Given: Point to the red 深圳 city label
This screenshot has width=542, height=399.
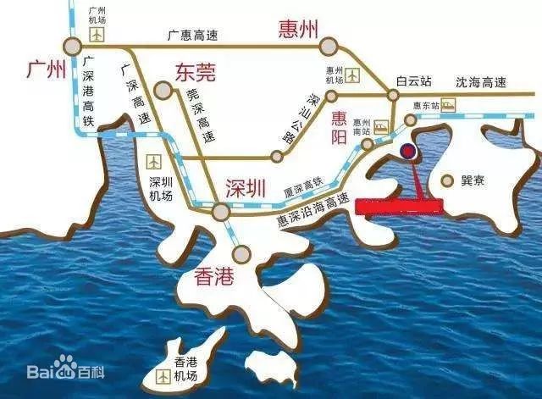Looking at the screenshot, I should (247, 187).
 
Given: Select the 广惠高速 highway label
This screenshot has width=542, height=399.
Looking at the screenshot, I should (193, 35).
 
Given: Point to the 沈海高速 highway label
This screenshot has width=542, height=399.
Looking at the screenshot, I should (480, 82).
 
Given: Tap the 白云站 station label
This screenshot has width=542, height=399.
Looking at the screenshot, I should (415, 82).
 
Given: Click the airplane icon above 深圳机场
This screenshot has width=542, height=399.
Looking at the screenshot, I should (154, 161).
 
